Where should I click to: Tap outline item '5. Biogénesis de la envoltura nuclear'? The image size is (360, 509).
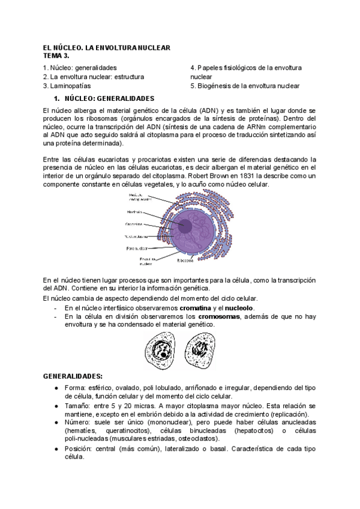[245, 86]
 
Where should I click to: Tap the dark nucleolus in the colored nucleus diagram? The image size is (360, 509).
[185, 226]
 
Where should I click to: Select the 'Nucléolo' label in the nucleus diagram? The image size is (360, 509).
[134, 212]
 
